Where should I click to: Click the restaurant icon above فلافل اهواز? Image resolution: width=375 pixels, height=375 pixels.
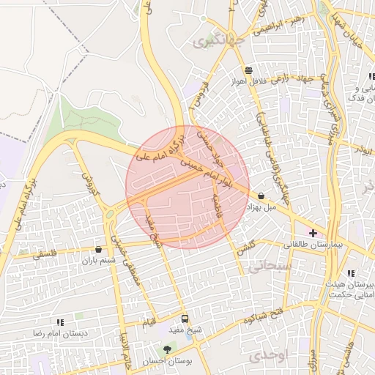pyautogui.click(x=249, y=71)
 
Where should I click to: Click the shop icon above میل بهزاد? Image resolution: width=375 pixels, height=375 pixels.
pyautogui.click(x=261, y=196)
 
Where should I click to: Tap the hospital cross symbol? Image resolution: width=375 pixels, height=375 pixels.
pyautogui.click(x=313, y=233)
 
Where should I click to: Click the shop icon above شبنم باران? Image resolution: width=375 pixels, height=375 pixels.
pyautogui.click(x=99, y=250)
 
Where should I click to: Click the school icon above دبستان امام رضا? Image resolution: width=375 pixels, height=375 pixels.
pyautogui.click(x=59, y=322)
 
